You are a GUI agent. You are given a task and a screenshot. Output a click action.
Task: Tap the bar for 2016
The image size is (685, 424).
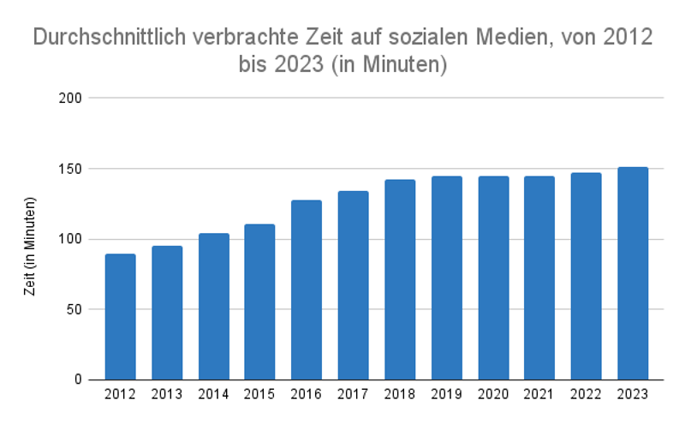pos(307,290)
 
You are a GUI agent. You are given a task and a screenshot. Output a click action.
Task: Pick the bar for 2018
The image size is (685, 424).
pos(400,279)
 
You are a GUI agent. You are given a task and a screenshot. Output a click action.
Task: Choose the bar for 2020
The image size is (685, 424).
pos(493,278)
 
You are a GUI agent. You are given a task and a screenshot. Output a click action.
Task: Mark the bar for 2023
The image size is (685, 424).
pos(633,273)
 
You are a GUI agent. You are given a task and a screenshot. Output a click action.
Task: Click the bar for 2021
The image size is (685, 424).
pos(539,278)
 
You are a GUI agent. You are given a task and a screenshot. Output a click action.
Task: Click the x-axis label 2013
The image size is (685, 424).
pos(167,394)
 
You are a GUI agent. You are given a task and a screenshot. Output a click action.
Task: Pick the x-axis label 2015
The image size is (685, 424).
pos(259,394)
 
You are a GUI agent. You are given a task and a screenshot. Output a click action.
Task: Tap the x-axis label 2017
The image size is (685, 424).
pos(353,394)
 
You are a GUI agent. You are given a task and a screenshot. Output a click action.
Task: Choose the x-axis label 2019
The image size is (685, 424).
pos(446,394)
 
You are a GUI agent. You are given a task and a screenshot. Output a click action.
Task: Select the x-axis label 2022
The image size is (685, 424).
pos(587,394)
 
